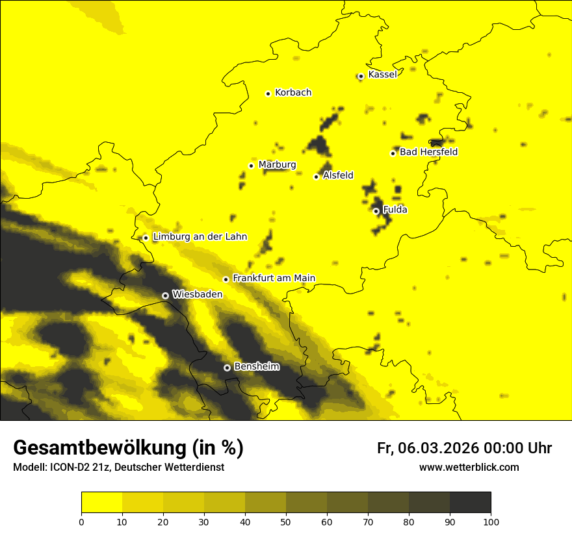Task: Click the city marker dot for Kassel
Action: [361, 76]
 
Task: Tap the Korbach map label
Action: [293, 93]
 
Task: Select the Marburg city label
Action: [277, 165]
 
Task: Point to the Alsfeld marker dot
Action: [317, 177]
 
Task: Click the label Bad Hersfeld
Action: [428, 152]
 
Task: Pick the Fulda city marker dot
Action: [376, 211]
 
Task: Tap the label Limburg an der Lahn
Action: [200, 237]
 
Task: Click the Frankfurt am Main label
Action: [274, 278]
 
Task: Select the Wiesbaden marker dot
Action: [165, 295]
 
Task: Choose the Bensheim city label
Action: [256, 367]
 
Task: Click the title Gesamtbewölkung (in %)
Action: [128, 447]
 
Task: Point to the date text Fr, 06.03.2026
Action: [428, 448]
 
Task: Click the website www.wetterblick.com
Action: [469, 467]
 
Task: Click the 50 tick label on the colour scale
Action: [286, 521]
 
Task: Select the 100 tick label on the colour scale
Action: [491, 521]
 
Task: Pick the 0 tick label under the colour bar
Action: [81, 521]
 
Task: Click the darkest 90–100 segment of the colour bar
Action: [470, 503]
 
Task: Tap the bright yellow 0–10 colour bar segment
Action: [102, 503]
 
